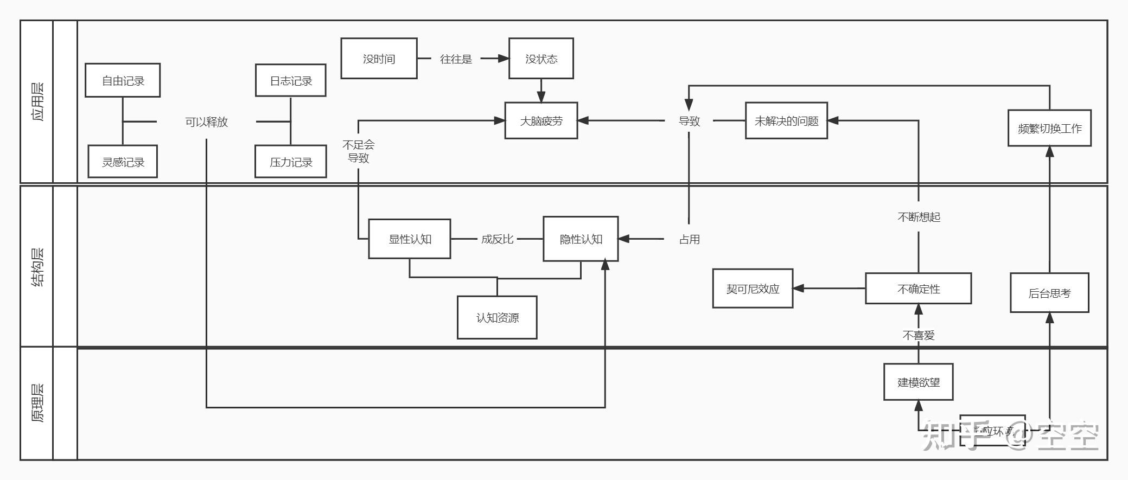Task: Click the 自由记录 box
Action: [x=123, y=80]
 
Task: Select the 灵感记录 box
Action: [x=123, y=162]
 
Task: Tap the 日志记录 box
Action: [x=291, y=80]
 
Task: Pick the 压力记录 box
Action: [x=291, y=162]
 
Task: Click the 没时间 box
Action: [x=379, y=59]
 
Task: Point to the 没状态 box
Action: [x=541, y=59]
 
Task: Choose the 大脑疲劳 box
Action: [x=541, y=120]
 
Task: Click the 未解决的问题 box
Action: [x=786, y=120]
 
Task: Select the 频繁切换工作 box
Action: [x=1049, y=128]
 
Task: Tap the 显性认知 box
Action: [x=410, y=239]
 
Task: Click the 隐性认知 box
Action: [x=581, y=239]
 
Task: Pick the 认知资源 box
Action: [x=497, y=317]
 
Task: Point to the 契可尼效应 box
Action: [x=753, y=289]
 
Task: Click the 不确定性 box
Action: [x=918, y=289]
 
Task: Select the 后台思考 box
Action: [x=1049, y=293]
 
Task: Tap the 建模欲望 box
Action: [x=918, y=382]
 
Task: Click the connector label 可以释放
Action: [x=206, y=121]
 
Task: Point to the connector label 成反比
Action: [x=497, y=239]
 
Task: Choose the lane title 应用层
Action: [x=37, y=101]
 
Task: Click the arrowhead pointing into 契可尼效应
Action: [x=798, y=289]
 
